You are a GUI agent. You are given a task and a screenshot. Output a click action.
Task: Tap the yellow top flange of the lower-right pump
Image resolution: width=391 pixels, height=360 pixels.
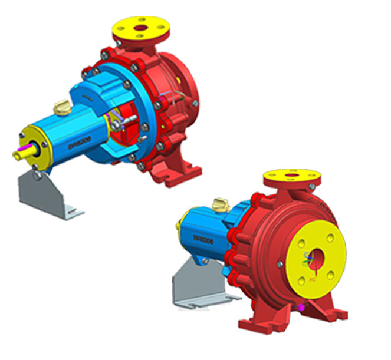click(x=291, y=176)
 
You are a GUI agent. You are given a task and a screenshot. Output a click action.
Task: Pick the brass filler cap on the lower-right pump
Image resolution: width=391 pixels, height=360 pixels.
click(x=220, y=203)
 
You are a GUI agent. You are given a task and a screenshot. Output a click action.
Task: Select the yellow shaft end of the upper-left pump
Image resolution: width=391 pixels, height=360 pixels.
click(x=21, y=151)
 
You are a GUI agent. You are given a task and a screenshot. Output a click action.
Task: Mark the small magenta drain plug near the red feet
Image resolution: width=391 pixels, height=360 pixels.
click(x=302, y=306)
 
